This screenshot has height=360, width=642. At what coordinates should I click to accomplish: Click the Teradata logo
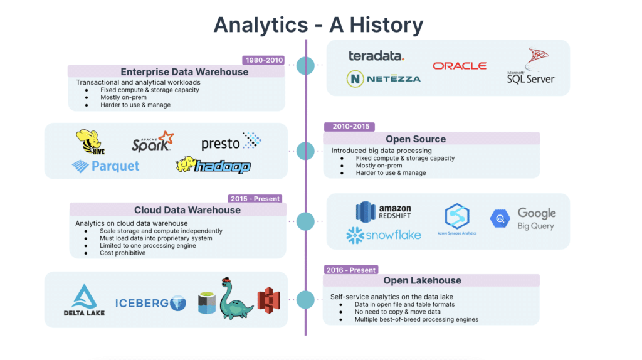[376, 56]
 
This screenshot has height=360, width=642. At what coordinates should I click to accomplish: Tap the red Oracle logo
[459, 65]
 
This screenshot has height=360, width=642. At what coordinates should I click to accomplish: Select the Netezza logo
[383, 78]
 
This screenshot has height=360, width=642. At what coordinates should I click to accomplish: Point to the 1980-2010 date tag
[263, 61]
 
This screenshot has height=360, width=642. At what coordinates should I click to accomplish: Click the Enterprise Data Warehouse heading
[184, 71]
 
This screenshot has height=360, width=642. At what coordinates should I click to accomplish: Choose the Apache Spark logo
[152, 142]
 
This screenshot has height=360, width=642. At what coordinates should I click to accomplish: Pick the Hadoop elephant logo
[213, 165]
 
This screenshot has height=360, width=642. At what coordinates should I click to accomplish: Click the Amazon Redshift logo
[384, 212]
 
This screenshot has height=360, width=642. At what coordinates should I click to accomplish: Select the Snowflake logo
[383, 236]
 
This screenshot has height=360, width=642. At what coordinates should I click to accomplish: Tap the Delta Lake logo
[84, 300]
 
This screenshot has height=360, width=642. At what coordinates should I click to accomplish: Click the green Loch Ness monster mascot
[236, 299]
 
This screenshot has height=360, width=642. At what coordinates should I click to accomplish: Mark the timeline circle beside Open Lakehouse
[305, 299]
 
